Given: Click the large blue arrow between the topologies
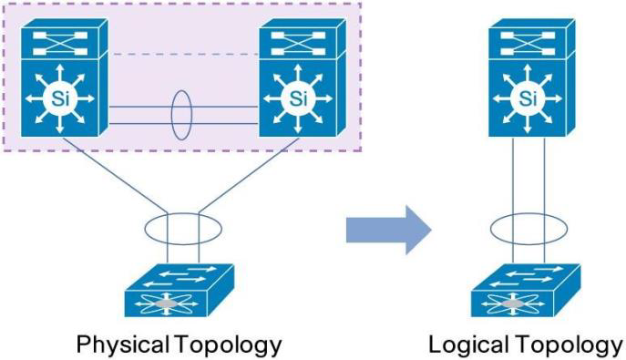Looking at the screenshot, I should click(x=387, y=229).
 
